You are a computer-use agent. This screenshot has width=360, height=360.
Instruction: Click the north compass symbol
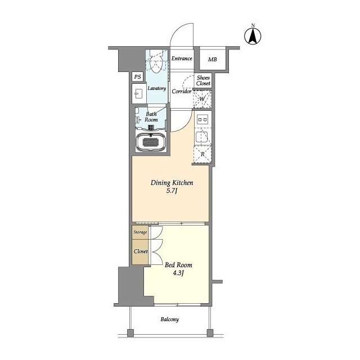pos(253,36)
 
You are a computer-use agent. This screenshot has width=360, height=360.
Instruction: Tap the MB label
pos(213,60)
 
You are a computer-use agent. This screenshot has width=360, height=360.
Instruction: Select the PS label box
pos(137,76)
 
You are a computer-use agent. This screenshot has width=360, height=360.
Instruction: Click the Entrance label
pos(182,58)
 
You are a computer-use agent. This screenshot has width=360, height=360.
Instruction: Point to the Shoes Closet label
pos(203,80)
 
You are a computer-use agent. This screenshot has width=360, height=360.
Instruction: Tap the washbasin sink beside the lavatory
pos(138,94)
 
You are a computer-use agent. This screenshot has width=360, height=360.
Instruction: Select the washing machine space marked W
pos(202,99)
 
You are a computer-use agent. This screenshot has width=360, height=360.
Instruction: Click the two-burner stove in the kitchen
pos(202,120)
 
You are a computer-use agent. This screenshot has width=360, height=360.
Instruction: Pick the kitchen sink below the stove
pos(202,137)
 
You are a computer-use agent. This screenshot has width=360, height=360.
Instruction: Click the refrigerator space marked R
pos(202,154)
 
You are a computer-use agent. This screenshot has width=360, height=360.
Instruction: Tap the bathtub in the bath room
pos(151,142)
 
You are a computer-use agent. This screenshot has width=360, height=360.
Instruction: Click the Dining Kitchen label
pos(172,183)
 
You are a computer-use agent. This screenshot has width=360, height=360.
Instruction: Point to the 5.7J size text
pos(172,191)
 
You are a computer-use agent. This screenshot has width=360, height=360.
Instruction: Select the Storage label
pos(140,232)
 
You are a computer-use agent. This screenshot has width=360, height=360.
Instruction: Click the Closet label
pos(141,251)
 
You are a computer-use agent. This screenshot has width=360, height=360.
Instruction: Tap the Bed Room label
pos(178,265)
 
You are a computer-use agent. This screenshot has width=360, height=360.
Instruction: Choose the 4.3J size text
pos(178,273)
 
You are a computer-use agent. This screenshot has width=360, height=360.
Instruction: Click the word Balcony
pos(170,319)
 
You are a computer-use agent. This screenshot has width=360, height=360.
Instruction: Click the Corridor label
pos(181,91)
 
